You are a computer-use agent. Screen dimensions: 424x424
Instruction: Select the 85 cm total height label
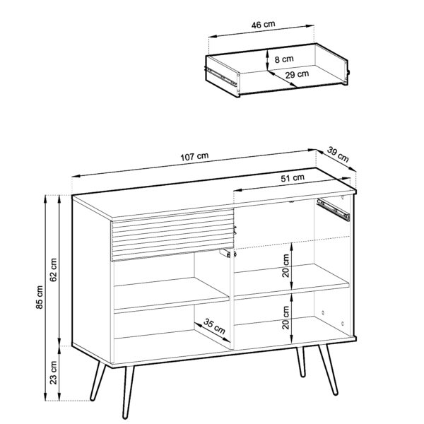click(x=40, y=300)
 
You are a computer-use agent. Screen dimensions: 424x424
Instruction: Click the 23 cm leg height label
click(x=54, y=375)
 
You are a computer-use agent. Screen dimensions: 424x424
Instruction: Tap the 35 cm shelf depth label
click(x=215, y=327)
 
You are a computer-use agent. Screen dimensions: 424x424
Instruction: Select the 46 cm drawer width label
click(x=262, y=24)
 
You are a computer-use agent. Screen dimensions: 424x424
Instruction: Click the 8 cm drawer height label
click(x=284, y=60)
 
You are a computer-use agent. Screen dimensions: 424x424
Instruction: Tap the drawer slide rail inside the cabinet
click(x=334, y=208)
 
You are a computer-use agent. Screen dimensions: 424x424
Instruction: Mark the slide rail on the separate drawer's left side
click(x=221, y=74)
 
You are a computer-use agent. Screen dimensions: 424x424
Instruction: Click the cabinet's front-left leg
click(x=98, y=382)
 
